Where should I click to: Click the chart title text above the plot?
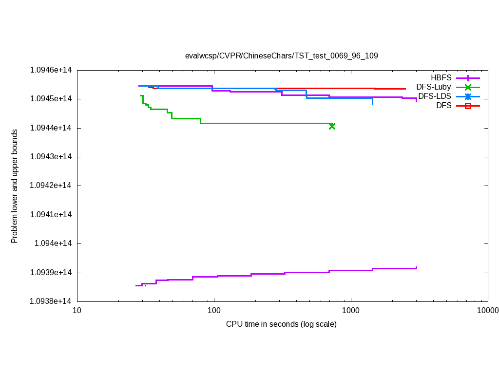(281, 56)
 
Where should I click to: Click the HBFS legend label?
(441, 77)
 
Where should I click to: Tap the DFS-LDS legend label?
(435, 96)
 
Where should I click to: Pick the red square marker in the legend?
(468, 106)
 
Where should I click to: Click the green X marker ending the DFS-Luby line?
(332, 126)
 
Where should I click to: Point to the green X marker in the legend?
(468, 87)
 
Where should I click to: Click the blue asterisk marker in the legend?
(468, 96)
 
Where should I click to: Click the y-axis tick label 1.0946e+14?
(51, 70)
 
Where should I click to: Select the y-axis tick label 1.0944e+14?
(51, 128)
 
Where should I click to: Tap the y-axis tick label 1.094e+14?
(53, 243)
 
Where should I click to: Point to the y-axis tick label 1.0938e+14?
(51, 301)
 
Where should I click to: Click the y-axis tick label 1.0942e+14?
(51, 186)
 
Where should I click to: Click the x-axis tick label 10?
(77, 311)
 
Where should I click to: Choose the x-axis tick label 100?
(213, 311)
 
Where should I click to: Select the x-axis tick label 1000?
(350, 311)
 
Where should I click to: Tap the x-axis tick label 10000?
(488, 311)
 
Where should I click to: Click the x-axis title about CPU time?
(281, 324)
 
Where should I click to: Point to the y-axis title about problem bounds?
(15, 186)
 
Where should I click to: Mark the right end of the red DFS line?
(405, 89)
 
